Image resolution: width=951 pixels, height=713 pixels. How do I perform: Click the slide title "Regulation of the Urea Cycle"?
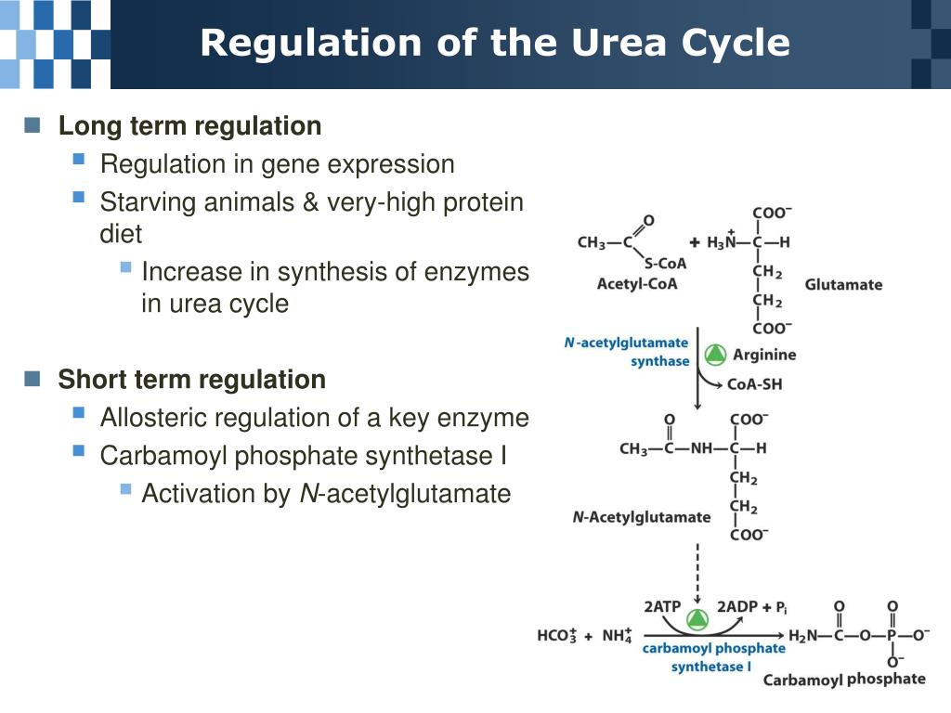(495, 43)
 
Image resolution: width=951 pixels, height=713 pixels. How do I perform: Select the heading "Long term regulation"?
(189, 125)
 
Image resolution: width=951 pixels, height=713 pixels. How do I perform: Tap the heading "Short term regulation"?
(191, 379)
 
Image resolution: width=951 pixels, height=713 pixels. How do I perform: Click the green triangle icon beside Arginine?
(714, 354)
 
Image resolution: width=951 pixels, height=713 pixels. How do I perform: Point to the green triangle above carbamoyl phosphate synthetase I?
(697, 618)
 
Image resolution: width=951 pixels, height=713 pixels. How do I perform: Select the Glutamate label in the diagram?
(843, 284)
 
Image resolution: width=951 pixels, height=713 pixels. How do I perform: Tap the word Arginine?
(764, 354)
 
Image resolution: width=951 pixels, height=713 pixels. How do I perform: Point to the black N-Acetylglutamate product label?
(641, 517)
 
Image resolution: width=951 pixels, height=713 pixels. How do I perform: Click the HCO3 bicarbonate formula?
(557, 636)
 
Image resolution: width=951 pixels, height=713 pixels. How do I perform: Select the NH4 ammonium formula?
(617, 636)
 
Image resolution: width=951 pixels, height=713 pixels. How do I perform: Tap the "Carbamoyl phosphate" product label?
(843, 679)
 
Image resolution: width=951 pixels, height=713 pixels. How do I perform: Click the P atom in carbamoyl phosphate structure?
(892, 636)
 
